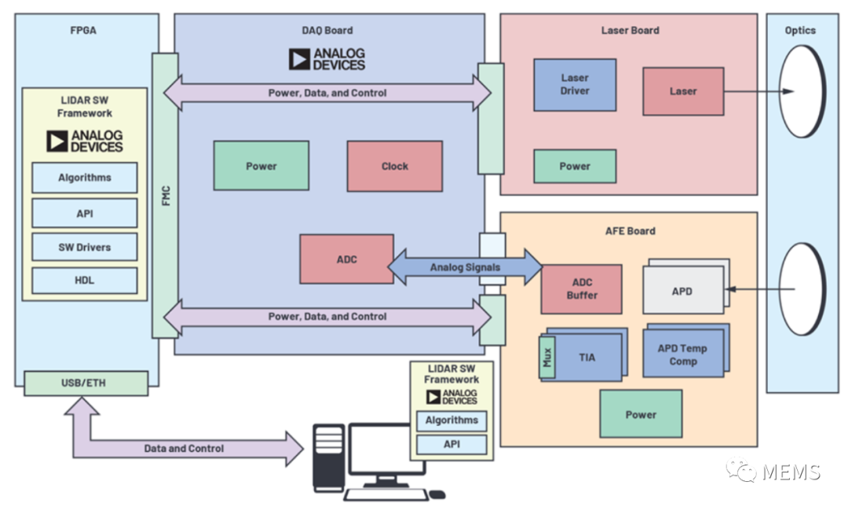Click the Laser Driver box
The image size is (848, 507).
point(574,85)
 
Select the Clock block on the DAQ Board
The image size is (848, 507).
point(395,167)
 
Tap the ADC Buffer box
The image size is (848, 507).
point(581,289)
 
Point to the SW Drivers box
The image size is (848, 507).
point(84,247)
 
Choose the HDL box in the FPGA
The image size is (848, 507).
point(84,280)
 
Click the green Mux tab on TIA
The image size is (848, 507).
point(546,358)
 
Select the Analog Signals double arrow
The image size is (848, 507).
point(465,267)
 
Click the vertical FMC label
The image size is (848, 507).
point(166,196)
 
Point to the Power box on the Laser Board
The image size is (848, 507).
point(574,167)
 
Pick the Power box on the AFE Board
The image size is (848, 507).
point(641,413)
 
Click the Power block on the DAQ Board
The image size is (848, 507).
point(261,166)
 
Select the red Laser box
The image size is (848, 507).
point(683,91)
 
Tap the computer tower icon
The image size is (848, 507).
point(329,457)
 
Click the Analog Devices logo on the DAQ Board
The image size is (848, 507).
point(327,59)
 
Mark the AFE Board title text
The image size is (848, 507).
point(630,231)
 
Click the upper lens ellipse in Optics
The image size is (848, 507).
point(802,91)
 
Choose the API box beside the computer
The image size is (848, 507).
point(451,444)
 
